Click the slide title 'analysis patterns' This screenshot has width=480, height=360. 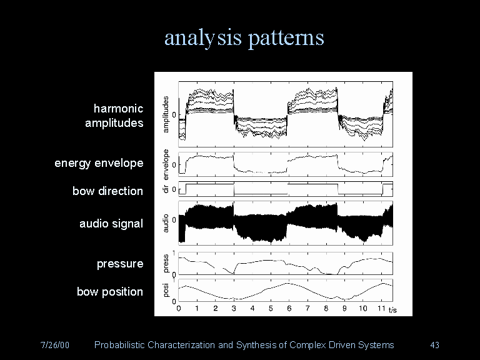pos(244,38)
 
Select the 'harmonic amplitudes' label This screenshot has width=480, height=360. pos(115,116)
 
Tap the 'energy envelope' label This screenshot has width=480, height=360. pos(99,163)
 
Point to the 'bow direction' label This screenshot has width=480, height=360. pos(107,191)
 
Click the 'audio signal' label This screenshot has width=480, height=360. pos(111,223)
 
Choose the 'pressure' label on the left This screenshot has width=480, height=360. pos(119,264)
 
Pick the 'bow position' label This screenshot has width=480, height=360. pos(109,291)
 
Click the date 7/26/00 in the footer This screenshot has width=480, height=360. pos(54,345)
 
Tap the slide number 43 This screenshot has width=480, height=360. pos(436,345)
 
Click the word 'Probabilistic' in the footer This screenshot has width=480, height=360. pos(119,345)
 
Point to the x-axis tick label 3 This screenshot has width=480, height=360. pos(234,309)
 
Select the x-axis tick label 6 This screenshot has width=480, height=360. pos(289,309)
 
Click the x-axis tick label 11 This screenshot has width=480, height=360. pos(381,309)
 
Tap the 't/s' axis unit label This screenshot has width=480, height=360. pos(393,309)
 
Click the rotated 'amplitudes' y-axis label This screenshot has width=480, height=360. pos(166,113)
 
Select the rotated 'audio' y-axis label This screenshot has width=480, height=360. pos(166,223)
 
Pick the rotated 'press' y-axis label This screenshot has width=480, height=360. pos(166,262)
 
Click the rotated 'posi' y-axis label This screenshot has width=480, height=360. pos(166,290)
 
